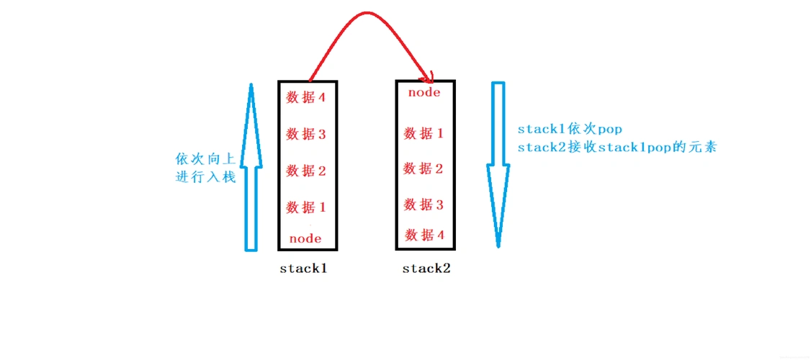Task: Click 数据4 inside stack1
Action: click(x=306, y=97)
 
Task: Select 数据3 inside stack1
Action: click(x=306, y=134)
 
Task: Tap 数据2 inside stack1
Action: click(x=306, y=171)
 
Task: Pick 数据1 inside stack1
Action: click(x=306, y=207)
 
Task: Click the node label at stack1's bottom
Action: click(x=305, y=238)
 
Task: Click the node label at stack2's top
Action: click(x=424, y=92)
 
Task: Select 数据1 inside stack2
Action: click(x=424, y=133)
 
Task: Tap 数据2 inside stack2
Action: click(x=424, y=168)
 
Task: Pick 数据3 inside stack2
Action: click(x=424, y=204)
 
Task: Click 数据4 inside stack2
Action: click(x=424, y=235)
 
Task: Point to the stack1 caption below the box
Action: click(x=304, y=269)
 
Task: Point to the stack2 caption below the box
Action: click(x=426, y=269)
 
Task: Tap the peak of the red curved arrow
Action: click(x=367, y=13)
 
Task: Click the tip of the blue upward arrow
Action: click(x=251, y=86)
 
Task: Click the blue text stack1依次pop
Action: click(x=569, y=130)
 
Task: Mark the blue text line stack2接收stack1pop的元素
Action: click(x=617, y=148)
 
